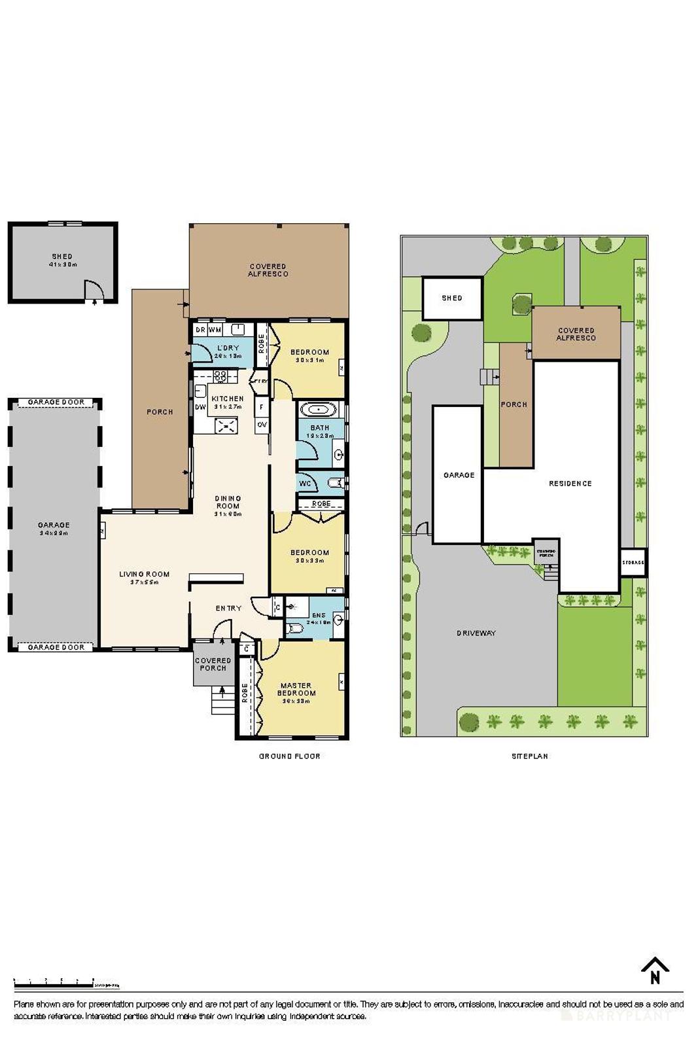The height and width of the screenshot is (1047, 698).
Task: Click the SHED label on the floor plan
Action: [62, 257]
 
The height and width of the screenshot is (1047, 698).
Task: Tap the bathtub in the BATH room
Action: [319, 410]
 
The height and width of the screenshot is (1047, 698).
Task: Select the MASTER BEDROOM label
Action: [296, 689]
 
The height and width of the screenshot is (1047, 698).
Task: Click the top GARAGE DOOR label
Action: [56, 402]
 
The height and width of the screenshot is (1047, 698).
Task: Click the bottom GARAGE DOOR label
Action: [56, 647]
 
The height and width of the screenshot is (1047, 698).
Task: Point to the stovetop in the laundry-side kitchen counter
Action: [221, 376]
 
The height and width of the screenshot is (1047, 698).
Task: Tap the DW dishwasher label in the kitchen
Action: [200, 407]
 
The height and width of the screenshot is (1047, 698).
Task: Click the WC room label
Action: [305, 484]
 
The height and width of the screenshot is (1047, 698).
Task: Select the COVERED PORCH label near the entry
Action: [213, 664]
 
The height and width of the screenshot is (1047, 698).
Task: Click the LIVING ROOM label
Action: [144, 574]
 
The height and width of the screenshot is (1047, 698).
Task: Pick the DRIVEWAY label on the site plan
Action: [476, 633]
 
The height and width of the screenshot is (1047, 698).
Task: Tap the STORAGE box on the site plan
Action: [633, 562]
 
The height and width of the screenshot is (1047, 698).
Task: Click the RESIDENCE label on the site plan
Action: [570, 484]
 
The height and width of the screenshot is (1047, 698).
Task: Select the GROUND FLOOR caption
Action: [289, 756]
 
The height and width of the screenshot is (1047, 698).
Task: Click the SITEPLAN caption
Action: [529, 756]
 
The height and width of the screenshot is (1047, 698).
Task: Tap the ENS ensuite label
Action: [319, 615]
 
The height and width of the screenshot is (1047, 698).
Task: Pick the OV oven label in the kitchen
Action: [262, 425]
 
